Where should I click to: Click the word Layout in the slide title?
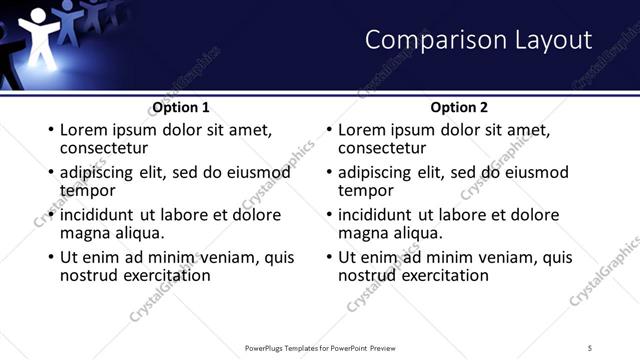[553, 40]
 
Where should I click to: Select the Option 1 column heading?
[181, 107]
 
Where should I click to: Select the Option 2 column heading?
[459, 107]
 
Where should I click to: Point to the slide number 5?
[591, 347]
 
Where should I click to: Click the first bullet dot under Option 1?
[50, 130]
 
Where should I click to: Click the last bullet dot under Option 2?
[328, 257]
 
